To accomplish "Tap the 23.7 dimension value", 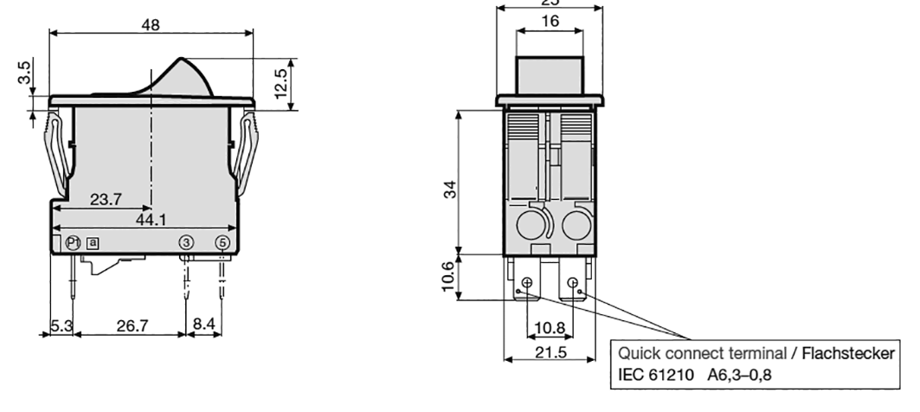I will pyautogui.click(x=106, y=200).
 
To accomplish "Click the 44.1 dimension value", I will pyautogui.click(x=151, y=221).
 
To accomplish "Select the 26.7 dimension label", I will pyautogui.click(x=132, y=325).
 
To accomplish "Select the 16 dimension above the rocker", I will pyautogui.click(x=550, y=22).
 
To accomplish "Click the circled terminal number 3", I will pyautogui.click(x=185, y=243).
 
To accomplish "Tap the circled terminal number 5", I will pyautogui.click(x=223, y=243).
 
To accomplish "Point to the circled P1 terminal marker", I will pyautogui.click(x=74, y=243).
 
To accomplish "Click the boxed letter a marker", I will pyautogui.click(x=92, y=243).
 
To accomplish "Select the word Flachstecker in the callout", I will pyautogui.click(x=847, y=354).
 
